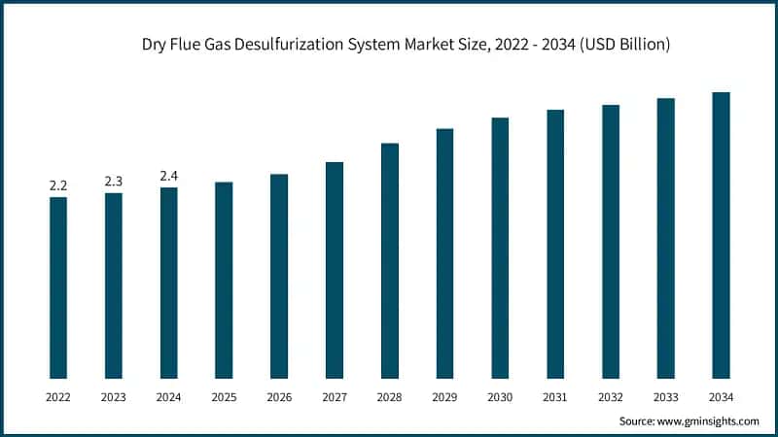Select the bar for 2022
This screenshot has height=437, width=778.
(x=58, y=287)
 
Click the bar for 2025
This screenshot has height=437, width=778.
(x=224, y=280)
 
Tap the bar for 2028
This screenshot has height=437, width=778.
(x=390, y=260)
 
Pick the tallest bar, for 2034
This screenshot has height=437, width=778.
(x=721, y=235)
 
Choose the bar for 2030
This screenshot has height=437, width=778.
(x=500, y=248)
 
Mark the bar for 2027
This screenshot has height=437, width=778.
(x=335, y=270)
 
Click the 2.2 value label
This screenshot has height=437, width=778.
(x=58, y=185)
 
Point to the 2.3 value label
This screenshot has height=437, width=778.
(x=114, y=181)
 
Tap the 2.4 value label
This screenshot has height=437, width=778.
(x=169, y=175)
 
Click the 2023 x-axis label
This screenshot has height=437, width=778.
(x=114, y=396)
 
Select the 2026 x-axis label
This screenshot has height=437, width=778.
(x=279, y=396)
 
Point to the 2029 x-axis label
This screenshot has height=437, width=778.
(x=444, y=396)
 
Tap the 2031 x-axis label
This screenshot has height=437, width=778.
(x=555, y=396)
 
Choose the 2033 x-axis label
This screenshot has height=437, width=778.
(x=665, y=396)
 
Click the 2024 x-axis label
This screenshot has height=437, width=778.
(x=169, y=396)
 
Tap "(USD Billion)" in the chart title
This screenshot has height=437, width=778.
(x=619, y=45)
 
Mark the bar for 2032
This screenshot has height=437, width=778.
(x=611, y=241)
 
